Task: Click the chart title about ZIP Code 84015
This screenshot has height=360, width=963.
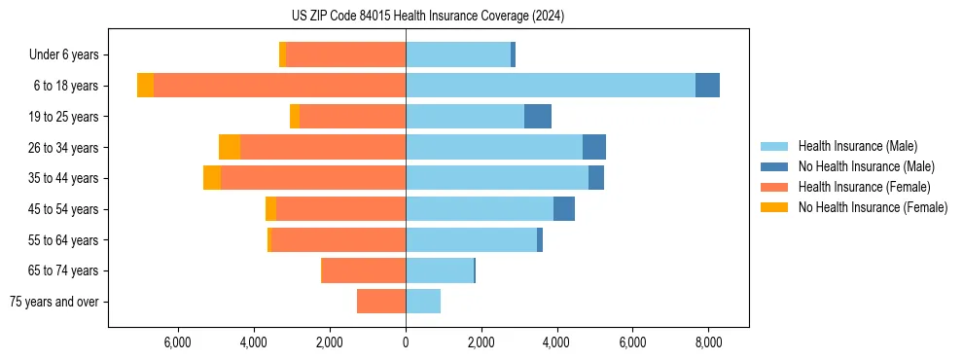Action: click(x=427, y=17)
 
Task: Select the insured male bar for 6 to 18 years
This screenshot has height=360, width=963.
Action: click(x=551, y=86)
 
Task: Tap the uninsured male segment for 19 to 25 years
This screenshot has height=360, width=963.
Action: click(x=538, y=117)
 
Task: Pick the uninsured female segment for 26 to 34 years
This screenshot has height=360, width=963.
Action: click(x=230, y=147)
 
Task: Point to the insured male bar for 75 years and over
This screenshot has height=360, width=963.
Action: click(x=423, y=302)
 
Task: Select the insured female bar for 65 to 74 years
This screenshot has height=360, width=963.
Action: click(x=364, y=270)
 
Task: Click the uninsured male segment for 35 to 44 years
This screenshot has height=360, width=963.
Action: click(x=596, y=178)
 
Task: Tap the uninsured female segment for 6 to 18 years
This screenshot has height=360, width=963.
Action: click(x=145, y=86)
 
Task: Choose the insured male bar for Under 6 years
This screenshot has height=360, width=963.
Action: click(x=458, y=54)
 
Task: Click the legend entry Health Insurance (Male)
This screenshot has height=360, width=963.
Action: click(x=857, y=146)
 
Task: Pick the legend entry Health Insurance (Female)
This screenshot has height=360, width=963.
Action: click(x=864, y=187)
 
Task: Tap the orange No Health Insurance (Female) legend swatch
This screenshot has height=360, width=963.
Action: click(x=774, y=207)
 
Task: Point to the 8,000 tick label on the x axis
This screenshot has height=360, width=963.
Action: click(x=708, y=342)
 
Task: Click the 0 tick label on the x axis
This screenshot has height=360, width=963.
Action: click(x=406, y=342)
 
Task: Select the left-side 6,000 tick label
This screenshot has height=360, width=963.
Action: click(x=178, y=342)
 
